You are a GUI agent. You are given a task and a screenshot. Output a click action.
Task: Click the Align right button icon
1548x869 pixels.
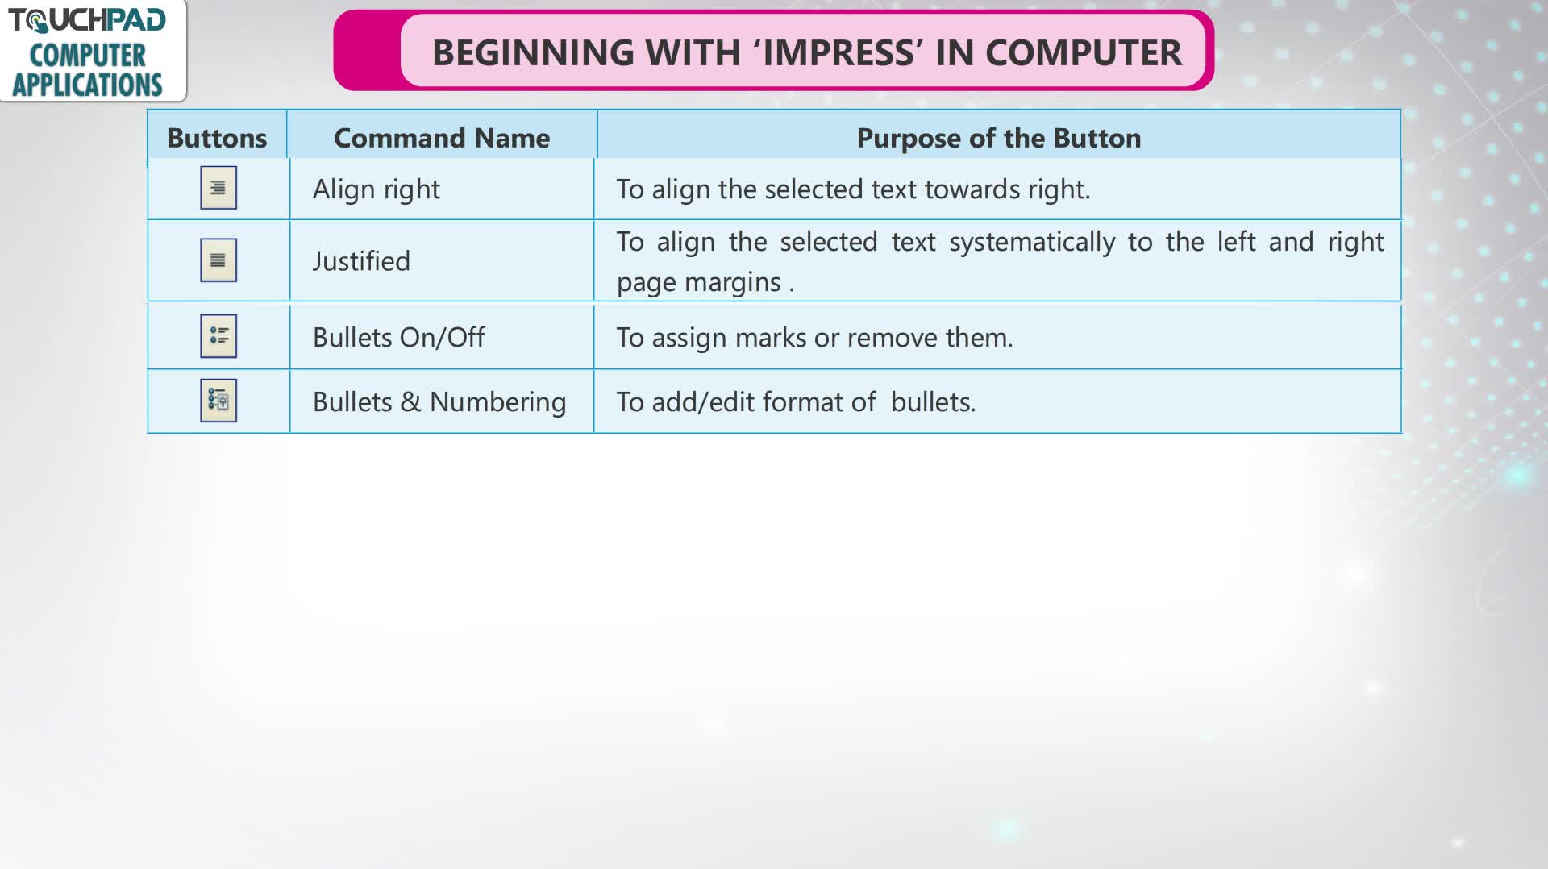tap(218, 188)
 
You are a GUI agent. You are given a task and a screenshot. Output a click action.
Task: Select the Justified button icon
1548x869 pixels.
tap(218, 260)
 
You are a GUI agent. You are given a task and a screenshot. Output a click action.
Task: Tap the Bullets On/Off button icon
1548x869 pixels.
tap(218, 336)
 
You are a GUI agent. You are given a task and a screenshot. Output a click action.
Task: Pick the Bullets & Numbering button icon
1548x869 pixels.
tap(218, 401)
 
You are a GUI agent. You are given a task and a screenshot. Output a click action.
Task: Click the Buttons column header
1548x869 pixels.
tap(217, 138)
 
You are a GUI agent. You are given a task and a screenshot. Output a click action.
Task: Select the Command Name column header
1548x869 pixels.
tap(442, 138)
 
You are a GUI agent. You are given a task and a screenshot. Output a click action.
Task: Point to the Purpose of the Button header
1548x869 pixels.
tap(999, 138)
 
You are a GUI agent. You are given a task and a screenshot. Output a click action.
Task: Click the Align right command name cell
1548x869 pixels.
tap(377, 189)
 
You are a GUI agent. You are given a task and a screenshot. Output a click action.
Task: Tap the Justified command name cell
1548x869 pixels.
tap(361, 261)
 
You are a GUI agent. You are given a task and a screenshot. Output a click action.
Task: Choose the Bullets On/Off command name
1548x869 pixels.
tap(399, 337)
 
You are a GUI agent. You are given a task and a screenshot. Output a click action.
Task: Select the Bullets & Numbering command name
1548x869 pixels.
tap(439, 401)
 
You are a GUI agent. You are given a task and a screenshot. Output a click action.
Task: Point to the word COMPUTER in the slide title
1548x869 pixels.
tap(1083, 53)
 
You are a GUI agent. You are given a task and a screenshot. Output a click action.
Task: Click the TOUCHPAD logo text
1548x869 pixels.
tap(87, 20)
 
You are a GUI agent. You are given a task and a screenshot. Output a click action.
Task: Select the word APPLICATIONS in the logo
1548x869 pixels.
tap(87, 85)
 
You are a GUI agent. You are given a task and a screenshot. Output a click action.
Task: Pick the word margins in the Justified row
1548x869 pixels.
tap(733, 282)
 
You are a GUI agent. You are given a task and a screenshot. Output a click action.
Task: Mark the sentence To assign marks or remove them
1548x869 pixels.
tap(814, 337)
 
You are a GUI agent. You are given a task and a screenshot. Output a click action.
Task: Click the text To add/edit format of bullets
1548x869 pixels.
tap(796, 401)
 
